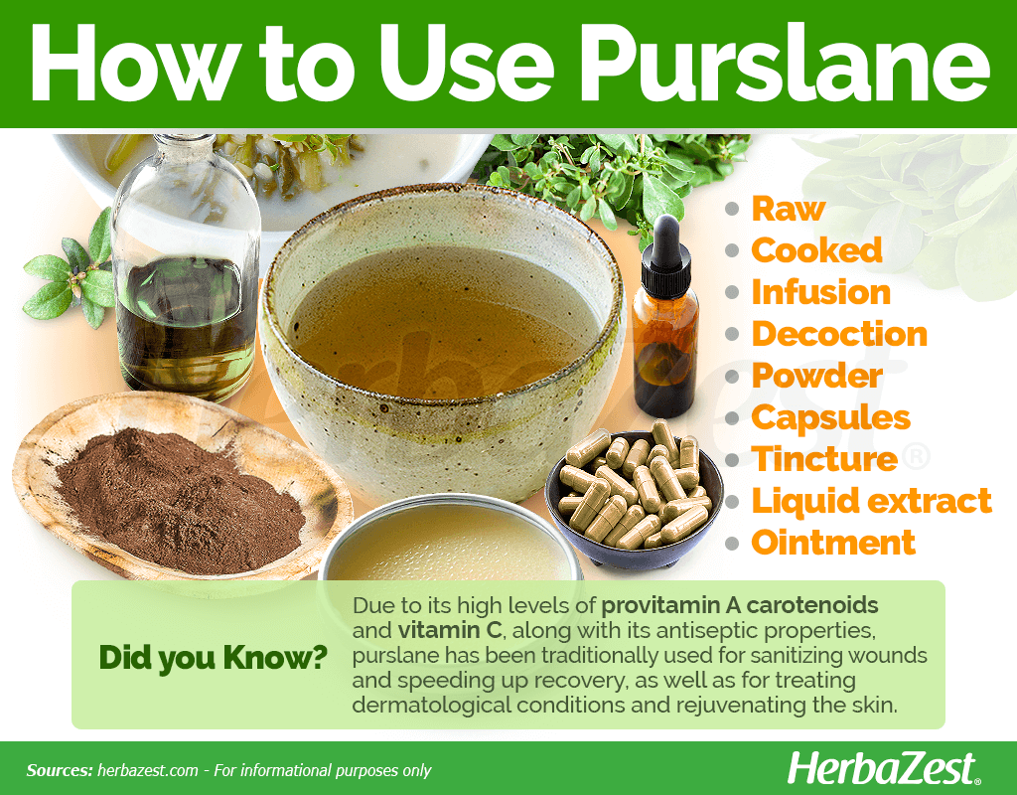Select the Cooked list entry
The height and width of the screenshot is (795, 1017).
tap(816, 250)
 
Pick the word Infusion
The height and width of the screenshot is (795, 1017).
tap(820, 292)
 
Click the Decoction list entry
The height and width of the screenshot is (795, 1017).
tap(839, 334)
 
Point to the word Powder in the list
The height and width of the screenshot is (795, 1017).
tap(816, 376)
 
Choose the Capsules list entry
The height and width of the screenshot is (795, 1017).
tap(830, 417)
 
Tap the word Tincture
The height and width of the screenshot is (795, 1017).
tap(824, 459)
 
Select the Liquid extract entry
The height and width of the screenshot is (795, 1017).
tap(871, 501)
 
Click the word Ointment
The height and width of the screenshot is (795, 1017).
tap(833, 543)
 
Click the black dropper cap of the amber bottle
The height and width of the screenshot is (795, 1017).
tap(664, 238)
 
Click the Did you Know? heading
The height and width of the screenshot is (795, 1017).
tap(214, 657)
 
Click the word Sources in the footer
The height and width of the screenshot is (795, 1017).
tap(60, 770)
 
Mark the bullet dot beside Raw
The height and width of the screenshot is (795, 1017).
tap(733, 210)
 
